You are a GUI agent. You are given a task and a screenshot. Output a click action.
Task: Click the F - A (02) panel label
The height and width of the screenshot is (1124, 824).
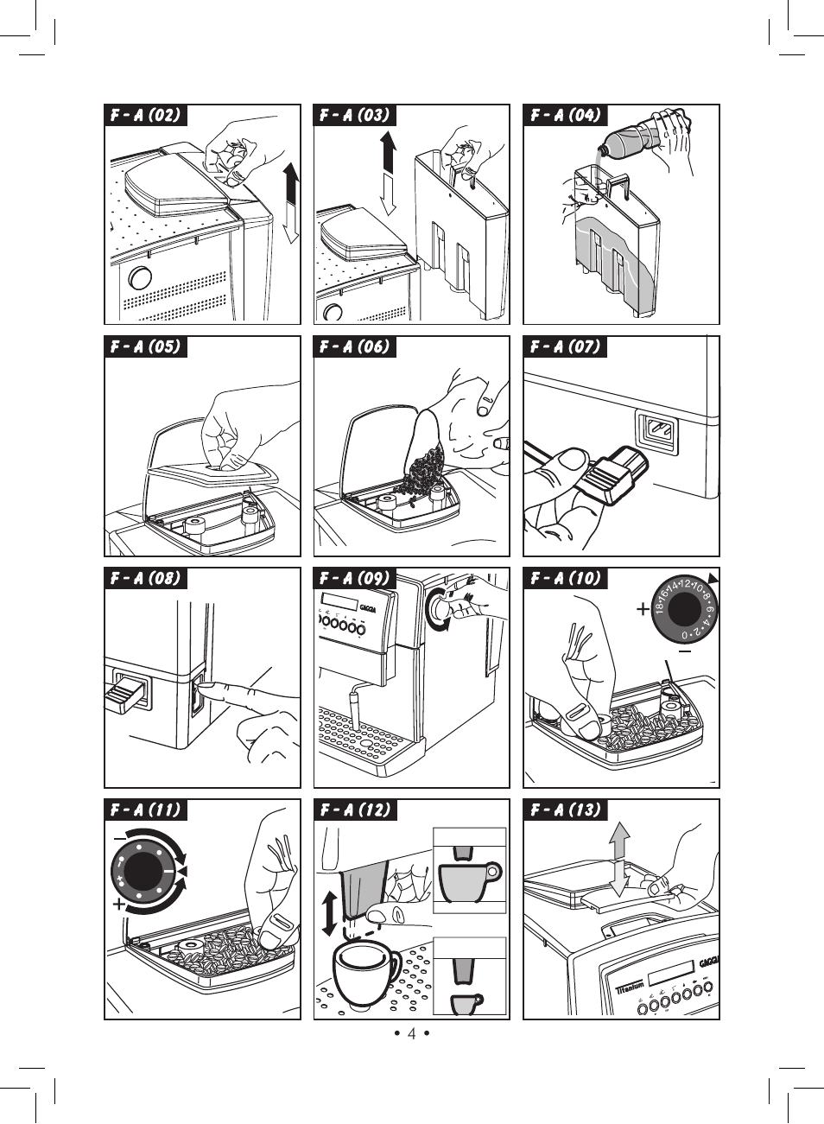[x=145, y=116]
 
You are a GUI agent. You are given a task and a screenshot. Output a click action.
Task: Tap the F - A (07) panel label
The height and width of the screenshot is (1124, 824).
[x=565, y=347]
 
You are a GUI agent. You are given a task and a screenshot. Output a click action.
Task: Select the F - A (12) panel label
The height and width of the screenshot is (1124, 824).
[x=355, y=810]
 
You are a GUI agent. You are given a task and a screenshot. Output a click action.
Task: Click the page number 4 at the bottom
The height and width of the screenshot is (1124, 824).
[x=412, y=1033]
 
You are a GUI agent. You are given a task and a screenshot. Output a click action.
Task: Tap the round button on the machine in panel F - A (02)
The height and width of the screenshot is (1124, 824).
[x=139, y=278]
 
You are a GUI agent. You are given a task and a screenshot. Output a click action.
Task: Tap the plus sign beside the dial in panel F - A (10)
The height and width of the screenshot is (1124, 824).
[x=643, y=609]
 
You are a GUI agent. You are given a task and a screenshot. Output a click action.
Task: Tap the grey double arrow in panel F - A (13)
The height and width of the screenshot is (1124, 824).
[x=618, y=859]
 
